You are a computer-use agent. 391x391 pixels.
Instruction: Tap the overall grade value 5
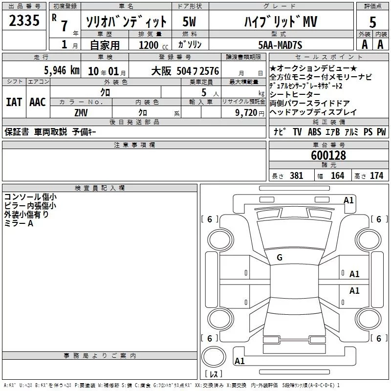coord(372,22)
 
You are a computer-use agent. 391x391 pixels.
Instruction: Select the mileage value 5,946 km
coord(62,70)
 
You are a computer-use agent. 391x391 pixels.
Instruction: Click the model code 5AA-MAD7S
coord(280,45)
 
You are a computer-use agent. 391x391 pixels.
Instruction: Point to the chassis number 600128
coord(328,155)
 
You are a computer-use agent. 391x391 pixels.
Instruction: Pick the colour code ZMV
coord(81,112)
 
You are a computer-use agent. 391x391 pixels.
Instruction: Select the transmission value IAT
coord(14,102)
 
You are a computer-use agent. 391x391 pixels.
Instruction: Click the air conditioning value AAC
coord(38,102)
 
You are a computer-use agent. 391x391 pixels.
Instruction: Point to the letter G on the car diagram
coord(280,257)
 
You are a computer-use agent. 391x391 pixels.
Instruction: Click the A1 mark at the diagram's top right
coord(348,200)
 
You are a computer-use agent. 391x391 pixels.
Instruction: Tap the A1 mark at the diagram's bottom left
coord(239,361)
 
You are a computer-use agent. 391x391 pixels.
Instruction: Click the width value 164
coord(337,176)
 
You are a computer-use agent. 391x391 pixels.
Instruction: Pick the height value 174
coord(377,176)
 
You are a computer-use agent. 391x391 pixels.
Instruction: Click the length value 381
coord(296,176)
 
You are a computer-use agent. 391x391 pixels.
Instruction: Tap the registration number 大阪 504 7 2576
coord(184,71)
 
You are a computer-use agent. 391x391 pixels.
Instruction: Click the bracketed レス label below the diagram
coord(214,374)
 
